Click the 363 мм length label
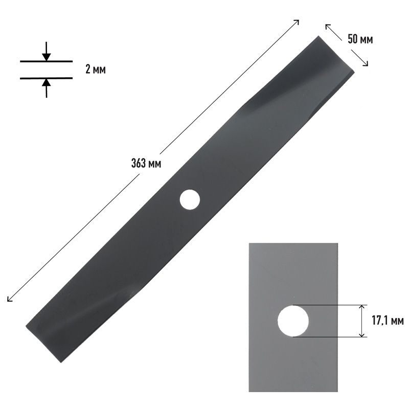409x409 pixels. coord(146,164)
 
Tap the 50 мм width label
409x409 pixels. coord(360,39)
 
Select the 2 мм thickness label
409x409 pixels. coord(96,70)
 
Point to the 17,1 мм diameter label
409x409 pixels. coord(388,321)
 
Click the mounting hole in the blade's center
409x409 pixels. coord(190,199)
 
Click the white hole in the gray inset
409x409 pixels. coord(293,321)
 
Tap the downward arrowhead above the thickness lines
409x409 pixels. coord(47,57)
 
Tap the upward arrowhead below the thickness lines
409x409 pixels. coord(47,83)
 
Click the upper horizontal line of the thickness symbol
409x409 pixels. coord(46,61)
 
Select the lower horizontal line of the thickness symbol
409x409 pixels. coord(46,78)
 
